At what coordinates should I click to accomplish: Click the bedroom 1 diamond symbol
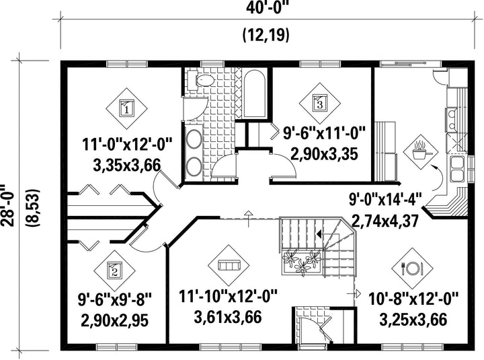(x=126, y=108)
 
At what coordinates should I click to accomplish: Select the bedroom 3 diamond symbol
(x=320, y=103)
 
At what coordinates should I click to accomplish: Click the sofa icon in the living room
(x=229, y=266)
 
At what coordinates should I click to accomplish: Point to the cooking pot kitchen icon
(x=421, y=151)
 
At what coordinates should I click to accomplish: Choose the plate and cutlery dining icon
(x=412, y=268)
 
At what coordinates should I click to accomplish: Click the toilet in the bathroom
(x=202, y=81)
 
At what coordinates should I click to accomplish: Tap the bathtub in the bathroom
(x=255, y=94)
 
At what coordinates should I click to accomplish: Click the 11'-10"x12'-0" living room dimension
(x=229, y=297)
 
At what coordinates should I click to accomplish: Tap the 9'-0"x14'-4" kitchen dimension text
(x=385, y=199)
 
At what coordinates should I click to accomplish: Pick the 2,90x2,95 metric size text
(x=114, y=320)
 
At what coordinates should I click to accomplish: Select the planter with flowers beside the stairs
(x=302, y=262)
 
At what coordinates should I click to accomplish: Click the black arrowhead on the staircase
(x=319, y=233)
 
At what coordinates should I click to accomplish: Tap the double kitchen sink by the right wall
(x=457, y=169)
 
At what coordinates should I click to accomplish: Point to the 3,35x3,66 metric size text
(x=126, y=166)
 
